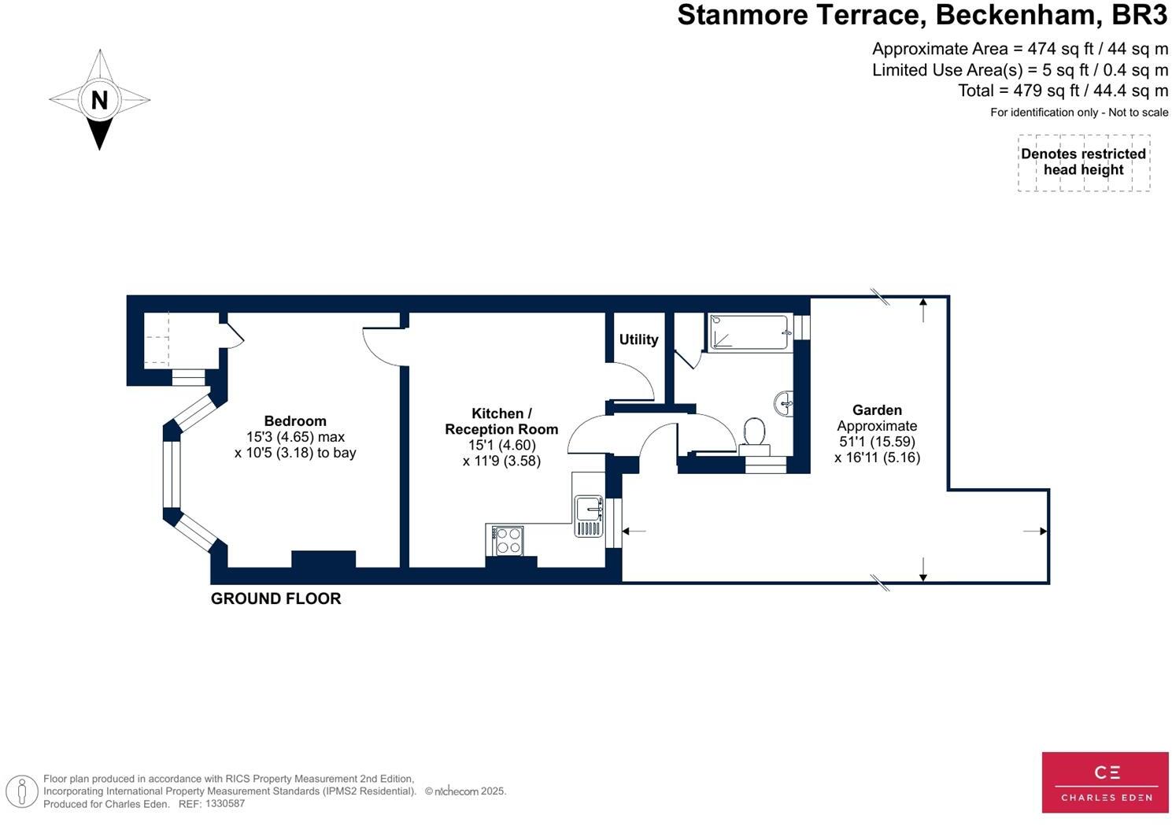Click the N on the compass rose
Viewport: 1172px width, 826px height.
[x=99, y=101]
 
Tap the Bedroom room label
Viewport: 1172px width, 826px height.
[x=295, y=421]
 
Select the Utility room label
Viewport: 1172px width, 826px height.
[x=638, y=339]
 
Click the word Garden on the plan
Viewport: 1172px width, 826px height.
[x=877, y=409]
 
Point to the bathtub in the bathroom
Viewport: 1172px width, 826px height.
[x=749, y=332]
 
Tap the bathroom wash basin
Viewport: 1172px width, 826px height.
[x=784, y=403]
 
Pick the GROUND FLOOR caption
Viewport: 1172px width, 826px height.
[x=275, y=598]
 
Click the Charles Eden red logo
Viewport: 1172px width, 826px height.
[x=1105, y=782]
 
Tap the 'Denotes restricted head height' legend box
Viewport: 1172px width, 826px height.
[x=1083, y=162]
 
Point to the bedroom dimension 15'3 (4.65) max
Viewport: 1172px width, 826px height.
[x=295, y=437]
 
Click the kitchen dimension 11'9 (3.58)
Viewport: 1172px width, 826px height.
[x=501, y=461]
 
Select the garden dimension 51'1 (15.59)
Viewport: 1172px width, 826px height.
[x=877, y=442]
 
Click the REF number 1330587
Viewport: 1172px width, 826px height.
[x=224, y=804]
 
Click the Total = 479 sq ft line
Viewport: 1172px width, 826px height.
[x=1063, y=91]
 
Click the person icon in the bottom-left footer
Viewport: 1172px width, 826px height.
[x=22, y=791]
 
